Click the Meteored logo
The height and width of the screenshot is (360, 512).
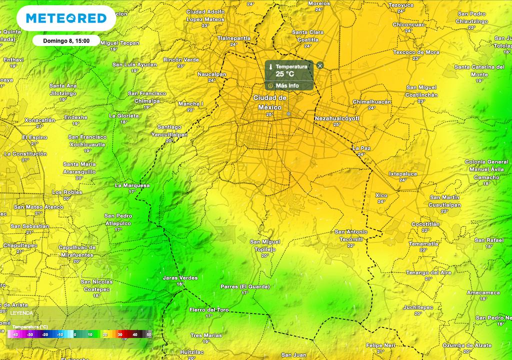click(66, 18)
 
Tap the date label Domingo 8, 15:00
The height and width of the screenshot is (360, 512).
click(66, 40)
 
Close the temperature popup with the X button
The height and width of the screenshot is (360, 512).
click(320, 65)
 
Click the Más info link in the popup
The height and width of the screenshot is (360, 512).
click(287, 85)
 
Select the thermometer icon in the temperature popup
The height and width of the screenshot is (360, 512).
click(270, 66)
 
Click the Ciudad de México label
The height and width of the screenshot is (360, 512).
click(270, 102)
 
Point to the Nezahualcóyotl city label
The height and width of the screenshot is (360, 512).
click(337, 118)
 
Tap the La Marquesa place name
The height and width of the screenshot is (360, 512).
click(132, 185)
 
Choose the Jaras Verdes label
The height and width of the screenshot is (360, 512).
click(180, 277)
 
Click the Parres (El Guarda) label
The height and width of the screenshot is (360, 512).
click(245, 286)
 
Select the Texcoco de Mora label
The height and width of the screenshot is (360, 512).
click(416, 52)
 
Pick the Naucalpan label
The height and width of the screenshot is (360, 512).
click(212, 74)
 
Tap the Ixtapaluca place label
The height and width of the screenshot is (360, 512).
click(403, 173)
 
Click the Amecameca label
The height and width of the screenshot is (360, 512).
click(483, 292)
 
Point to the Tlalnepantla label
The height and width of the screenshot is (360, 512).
click(234, 38)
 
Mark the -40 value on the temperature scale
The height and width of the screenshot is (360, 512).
click(16, 334)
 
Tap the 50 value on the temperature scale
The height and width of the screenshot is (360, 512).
click(148, 334)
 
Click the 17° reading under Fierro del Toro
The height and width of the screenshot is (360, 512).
click(209, 316)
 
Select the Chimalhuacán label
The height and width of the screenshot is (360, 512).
click(372, 101)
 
